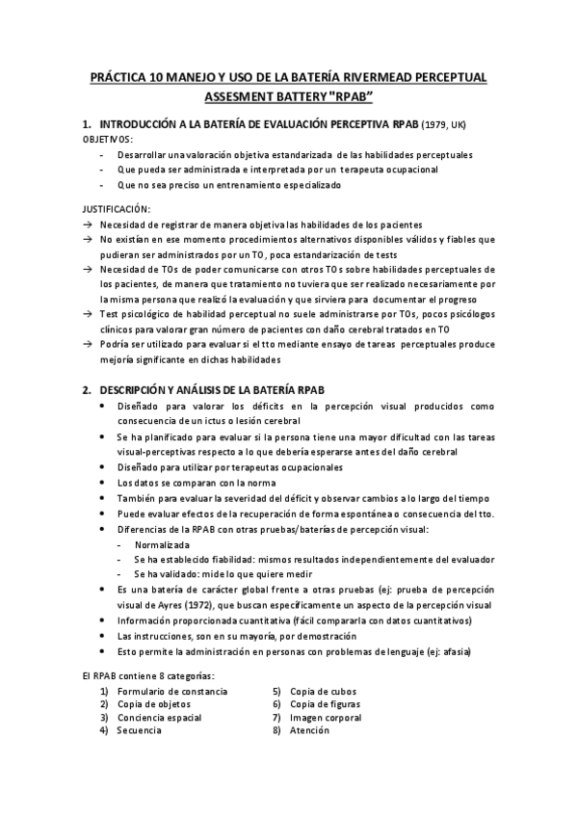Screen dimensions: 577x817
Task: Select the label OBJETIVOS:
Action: [109, 140]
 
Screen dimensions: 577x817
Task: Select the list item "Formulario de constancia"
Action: [172, 692]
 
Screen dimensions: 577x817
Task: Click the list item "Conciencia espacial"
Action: [159, 718]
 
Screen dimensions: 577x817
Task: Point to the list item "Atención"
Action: [309, 730]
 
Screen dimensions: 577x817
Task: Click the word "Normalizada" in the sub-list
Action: [162, 544]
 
